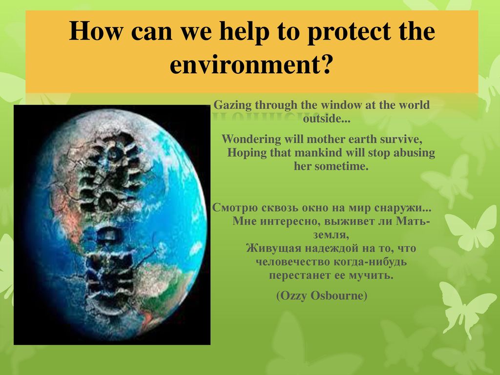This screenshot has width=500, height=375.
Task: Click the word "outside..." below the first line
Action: tap(327, 119)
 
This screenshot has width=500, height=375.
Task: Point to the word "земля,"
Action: tap(331, 235)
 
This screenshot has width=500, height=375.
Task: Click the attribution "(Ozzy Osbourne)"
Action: tap(322, 295)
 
